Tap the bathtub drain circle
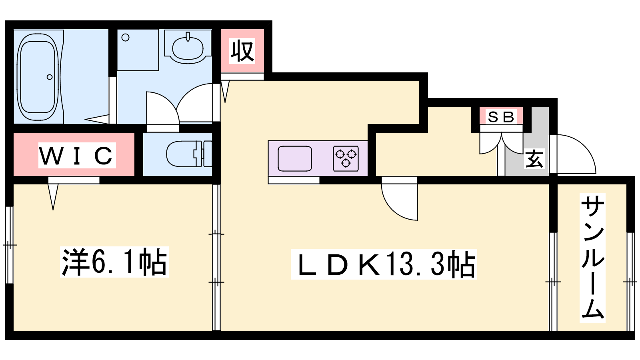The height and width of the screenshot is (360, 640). (x=50, y=77)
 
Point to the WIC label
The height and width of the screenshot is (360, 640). (x=77, y=155)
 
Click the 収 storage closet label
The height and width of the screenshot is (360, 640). (x=242, y=51)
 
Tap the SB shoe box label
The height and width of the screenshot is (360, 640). (x=501, y=117)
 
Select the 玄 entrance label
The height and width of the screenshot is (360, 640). (x=534, y=159)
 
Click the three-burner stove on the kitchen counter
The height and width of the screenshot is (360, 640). (x=346, y=158)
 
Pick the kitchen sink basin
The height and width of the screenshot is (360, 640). (x=295, y=158)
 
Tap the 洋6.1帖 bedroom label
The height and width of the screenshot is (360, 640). (x=114, y=262)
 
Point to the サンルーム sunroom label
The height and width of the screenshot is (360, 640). (x=592, y=258)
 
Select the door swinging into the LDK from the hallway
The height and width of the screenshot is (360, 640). (x=400, y=200)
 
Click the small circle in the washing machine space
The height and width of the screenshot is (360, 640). (x=126, y=38)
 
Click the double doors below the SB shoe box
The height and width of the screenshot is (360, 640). (x=502, y=144)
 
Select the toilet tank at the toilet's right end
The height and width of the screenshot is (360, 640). (x=207, y=154)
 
